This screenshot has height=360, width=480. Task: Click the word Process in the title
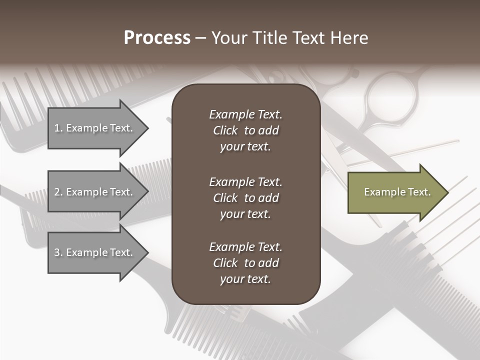click(x=157, y=38)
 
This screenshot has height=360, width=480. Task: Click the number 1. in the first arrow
click(x=58, y=128)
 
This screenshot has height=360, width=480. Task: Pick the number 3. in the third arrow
click(x=58, y=253)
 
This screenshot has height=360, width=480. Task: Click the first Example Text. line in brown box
click(x=245, y=114)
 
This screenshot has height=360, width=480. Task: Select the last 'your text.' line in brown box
click(x=245, y=279)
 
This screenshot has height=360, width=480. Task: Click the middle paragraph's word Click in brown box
click(x=225, y=198)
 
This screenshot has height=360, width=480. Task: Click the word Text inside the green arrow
click(x=419, y=192)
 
